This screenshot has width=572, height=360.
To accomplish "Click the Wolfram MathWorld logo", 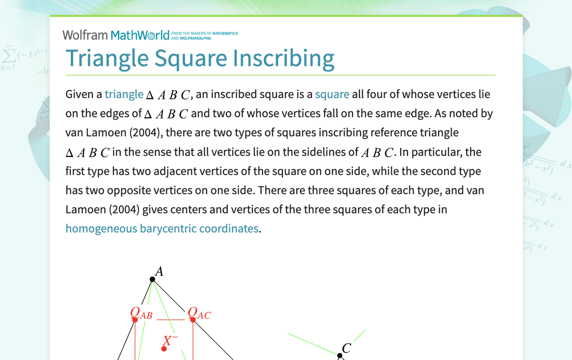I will [x=116, y=35].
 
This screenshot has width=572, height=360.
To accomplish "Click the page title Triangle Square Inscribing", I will [x=200, y=58].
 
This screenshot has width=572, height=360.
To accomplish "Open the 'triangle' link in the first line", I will [x=124, y=94].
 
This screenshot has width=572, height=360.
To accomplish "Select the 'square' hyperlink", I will [x=332, y=94].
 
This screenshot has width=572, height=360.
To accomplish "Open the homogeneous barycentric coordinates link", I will [x=162, y=229].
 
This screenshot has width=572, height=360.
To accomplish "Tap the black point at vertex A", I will [x=153, y=279].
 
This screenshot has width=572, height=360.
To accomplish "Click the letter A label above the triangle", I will [x=159, y=271].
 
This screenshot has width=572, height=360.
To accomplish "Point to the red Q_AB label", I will [x=141, y=313].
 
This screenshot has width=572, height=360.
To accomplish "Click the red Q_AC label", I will [x=198, y=313].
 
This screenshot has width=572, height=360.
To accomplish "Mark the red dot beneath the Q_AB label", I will [x=135, y=320].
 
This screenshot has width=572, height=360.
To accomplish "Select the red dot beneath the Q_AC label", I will [x=193, y=320].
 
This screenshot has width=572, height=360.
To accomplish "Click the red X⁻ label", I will [x=170, y=341].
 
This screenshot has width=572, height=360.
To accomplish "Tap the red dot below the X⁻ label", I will [x=164, y=349].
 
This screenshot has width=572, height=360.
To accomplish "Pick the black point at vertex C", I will [x=340, y=356].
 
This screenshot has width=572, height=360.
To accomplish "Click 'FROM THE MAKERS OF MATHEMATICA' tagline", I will [x=204, y=34].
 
